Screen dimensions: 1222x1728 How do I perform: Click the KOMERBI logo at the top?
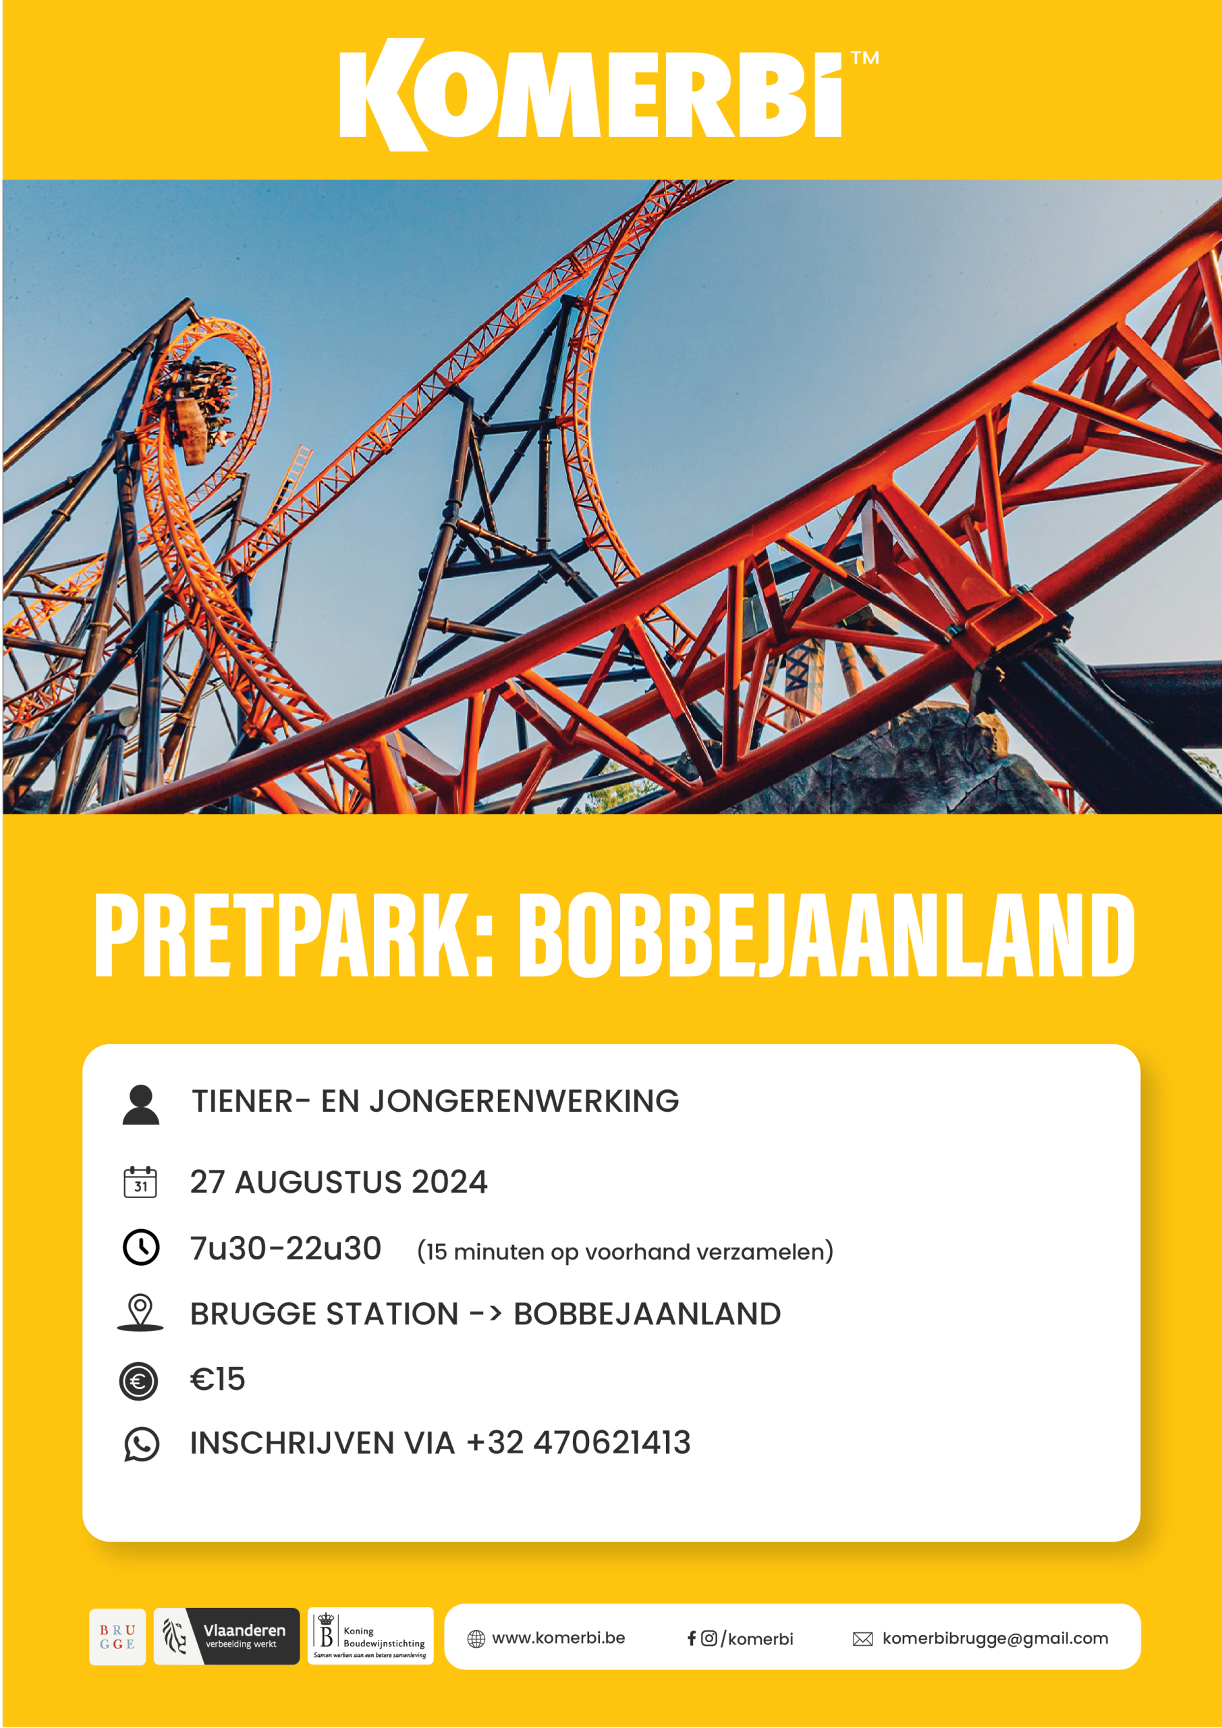pyautogui.click(x=590, y=94)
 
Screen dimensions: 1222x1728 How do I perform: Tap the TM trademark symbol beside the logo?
pyautogui.click(x=864, y=58)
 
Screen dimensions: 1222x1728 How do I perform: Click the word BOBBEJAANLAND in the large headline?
pyautogui.click(x=826, y=936)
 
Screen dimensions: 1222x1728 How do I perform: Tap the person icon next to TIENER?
pyautogui.click(x=141, y=1105)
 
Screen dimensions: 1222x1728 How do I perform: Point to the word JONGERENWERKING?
pyautogui.click(x=524, y=1101)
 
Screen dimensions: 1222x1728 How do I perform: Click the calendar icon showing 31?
pyautogui.click(x=140, y=1182)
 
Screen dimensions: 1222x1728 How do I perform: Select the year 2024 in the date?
pyautogui.click(x=449, y=1182)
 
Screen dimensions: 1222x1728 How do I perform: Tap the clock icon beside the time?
pyautogui.click(x=141, y=1247)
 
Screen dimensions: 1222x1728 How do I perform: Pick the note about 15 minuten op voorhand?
pyautogui.click(x=626, y=1251)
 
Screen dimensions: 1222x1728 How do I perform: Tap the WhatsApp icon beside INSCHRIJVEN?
pyautogui.click(x=142, y=1444)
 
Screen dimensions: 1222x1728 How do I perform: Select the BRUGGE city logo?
pyautogui.click(x=117, y=1637)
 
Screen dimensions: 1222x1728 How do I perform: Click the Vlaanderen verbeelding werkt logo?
pyautogui.click(x=227, y=1637)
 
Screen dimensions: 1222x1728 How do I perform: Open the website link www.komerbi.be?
pyautogui.click(x=558, y=1638)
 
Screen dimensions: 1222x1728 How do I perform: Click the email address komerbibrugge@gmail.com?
pyautogui.click(x=995, y=1639)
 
